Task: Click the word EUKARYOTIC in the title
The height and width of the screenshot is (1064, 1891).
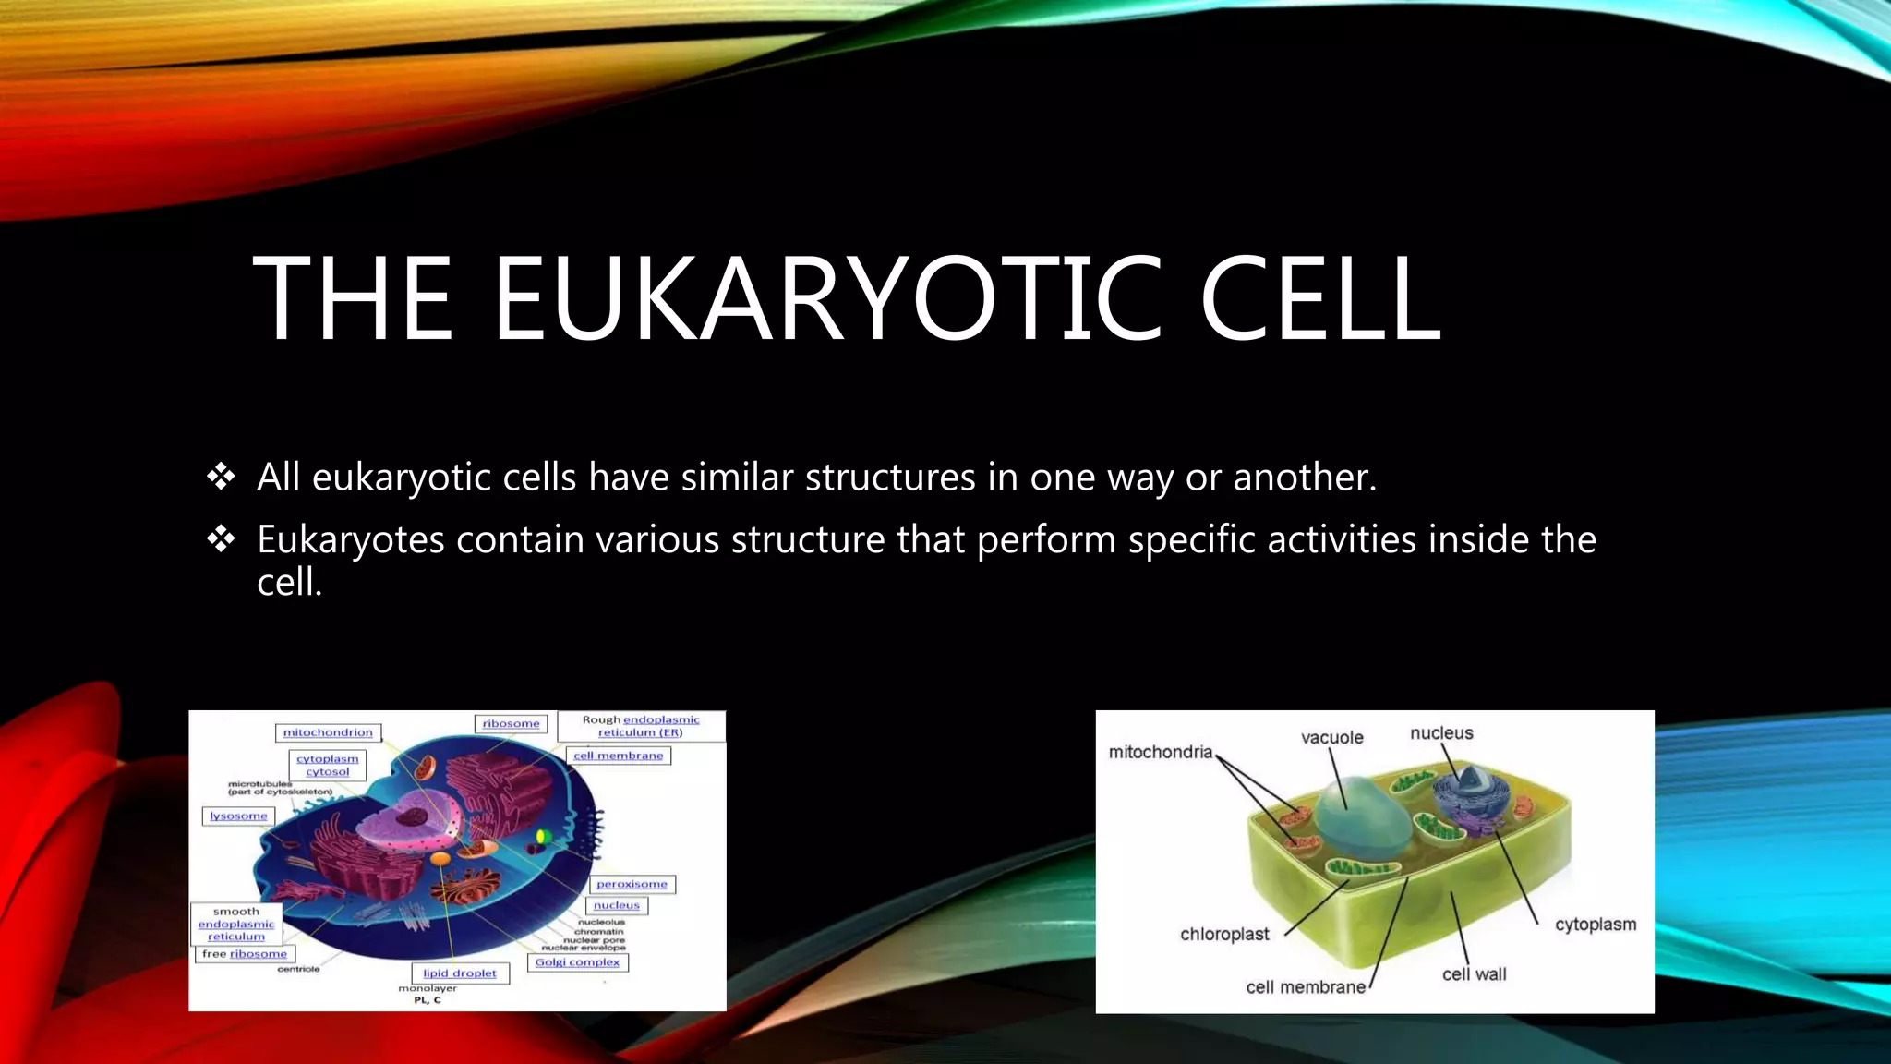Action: click(826, 299)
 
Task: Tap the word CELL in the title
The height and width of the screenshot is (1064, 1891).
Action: click(1319, 299)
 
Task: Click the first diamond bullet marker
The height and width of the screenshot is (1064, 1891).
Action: click(222, 477)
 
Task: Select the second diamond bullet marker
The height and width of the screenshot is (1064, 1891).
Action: click(222, 538)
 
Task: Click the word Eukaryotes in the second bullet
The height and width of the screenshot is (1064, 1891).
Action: click(350, 540)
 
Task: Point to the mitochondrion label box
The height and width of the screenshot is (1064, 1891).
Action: click(328, 732)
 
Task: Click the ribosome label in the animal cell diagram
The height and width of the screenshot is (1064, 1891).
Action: click(511, 724)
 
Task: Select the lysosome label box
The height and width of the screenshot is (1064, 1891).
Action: click(238, 816)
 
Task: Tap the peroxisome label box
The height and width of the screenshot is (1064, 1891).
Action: click(632, 884)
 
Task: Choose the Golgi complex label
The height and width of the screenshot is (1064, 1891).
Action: click(577, 962)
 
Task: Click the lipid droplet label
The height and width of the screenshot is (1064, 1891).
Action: click(459, 973)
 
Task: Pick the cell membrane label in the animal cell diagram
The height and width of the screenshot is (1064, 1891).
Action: click(618, 756)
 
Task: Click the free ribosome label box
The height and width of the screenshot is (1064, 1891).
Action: click(245, 954)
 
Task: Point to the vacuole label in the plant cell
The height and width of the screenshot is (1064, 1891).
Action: click(1331, 737)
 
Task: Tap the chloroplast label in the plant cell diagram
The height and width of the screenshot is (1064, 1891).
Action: click(1224, 934)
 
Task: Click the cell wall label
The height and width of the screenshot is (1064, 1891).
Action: click(1474, 974)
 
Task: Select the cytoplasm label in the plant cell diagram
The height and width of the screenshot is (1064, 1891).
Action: click(1595, 925)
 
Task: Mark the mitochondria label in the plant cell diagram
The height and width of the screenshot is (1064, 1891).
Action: click(1160, 752)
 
